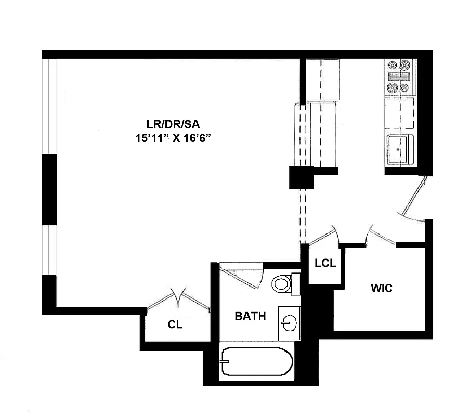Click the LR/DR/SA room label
173,124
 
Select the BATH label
250,316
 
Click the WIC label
381,288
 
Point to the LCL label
325,263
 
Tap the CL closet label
175,325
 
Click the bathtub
256,362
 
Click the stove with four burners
399,76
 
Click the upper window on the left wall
49,107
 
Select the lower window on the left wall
49,250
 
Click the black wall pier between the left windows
49,189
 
